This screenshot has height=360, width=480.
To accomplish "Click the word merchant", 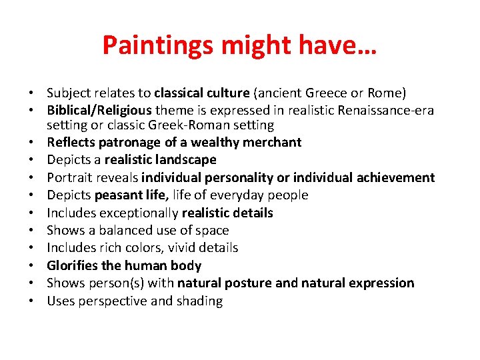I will coord(273,142).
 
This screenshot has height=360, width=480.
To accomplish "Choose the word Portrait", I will coord(68,177).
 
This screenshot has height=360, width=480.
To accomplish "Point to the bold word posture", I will coord(249,283).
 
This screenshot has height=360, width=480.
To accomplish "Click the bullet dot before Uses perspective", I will coord(31,301).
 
